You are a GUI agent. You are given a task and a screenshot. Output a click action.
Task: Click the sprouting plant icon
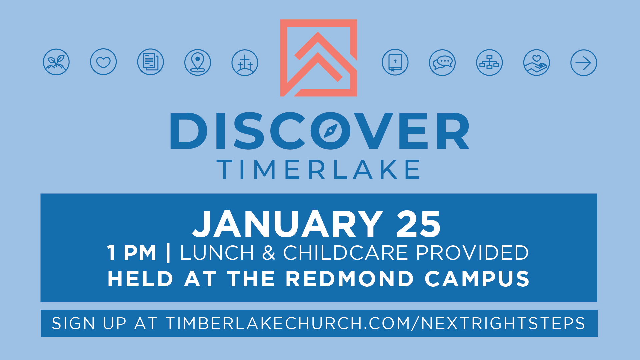click(56, 62)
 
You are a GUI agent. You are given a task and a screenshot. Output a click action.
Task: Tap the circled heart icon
click(103, 62)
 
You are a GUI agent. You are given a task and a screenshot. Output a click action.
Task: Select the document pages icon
click(151, 62)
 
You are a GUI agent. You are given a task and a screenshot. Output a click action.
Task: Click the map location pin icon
click(198, 62)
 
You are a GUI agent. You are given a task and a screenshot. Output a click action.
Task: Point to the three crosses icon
click(245, 63)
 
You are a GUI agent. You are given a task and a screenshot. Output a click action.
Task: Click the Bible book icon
click(395, 62)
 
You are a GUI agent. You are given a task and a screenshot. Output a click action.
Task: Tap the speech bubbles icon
click(442, 63)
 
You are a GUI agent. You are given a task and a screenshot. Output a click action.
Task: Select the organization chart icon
click(489, 63)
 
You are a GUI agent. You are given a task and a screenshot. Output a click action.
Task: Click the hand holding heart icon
click(537, 63)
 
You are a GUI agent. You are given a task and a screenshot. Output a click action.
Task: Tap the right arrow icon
click(584, 63)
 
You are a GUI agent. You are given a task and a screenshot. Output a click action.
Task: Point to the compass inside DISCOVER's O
click(331, 131)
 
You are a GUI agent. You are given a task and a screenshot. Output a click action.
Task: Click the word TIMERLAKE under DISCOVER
click(318, 169)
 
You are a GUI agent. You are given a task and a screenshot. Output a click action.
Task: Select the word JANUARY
click(288, 224)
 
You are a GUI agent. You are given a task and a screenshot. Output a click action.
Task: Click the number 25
click(419, 224)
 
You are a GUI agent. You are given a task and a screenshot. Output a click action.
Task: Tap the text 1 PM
click(132, 253)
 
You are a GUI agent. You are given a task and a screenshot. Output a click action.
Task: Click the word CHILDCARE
click(346, 253)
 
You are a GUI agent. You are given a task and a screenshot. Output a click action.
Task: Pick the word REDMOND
click(350, 279)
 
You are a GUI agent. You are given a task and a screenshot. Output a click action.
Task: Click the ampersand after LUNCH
click(269, 253)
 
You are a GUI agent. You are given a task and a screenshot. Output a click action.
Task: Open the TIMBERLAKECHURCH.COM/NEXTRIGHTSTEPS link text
click(375, 323)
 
